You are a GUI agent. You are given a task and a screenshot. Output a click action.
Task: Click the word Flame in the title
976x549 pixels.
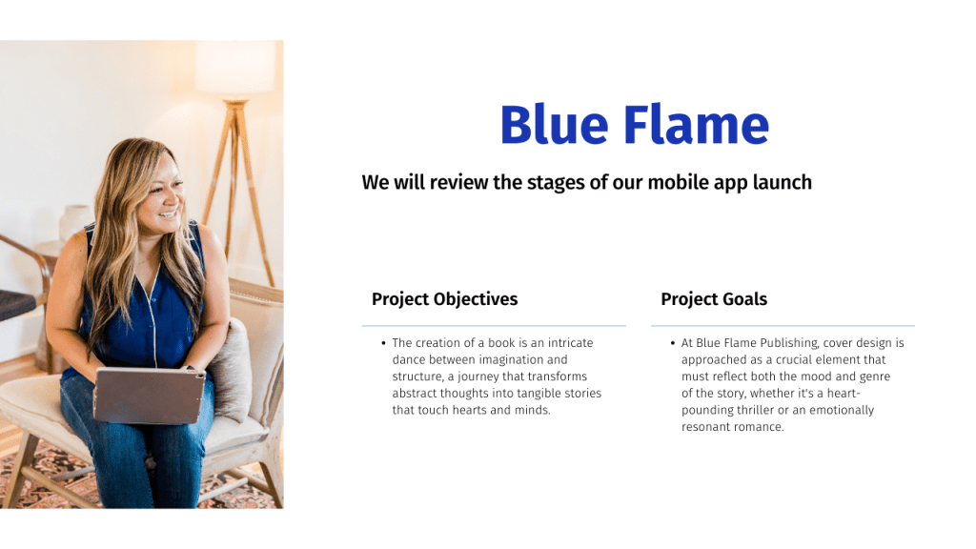(696, 125)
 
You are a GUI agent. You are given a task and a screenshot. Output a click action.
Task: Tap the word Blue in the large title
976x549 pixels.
(554, 125)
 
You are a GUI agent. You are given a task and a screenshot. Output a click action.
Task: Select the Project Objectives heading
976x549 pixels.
(444, 299)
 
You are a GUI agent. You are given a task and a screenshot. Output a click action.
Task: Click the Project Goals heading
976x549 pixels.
(714, 299)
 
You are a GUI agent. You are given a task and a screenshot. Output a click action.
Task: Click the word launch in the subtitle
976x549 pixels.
(783, 182)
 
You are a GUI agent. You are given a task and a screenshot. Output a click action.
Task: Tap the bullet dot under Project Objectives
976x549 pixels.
(383, 343)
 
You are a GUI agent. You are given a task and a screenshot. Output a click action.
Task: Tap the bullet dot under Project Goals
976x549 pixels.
(673, 343)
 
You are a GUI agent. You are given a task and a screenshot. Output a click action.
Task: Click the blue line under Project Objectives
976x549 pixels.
(494, 326)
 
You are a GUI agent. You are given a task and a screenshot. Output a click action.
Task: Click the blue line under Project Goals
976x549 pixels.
(783, 326)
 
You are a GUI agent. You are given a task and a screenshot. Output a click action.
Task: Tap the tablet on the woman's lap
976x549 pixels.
(150, 396)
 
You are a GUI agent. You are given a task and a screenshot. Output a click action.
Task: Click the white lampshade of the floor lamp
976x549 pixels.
(235, 69)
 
